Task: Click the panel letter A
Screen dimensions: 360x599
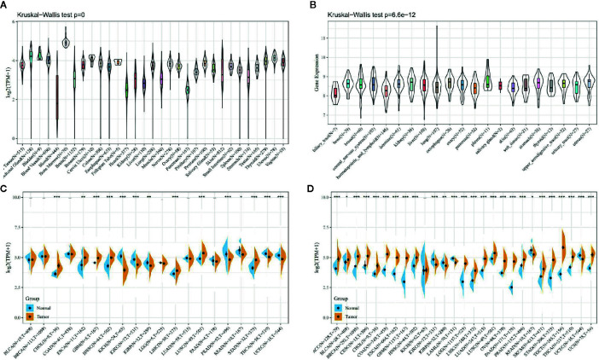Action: pos(4,5)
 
